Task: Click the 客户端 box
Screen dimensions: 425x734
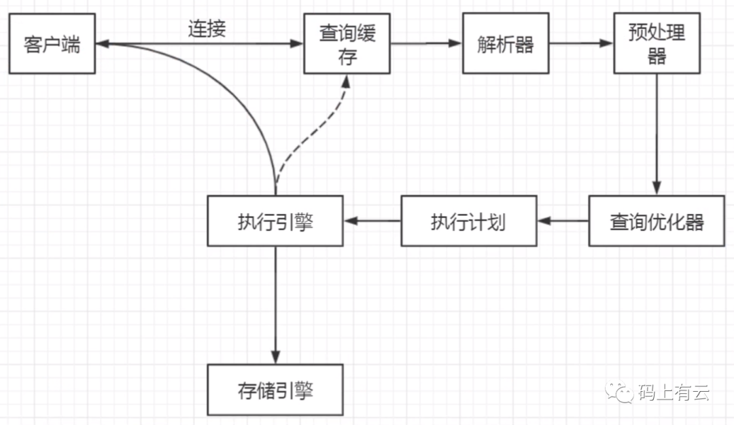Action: [52, 46]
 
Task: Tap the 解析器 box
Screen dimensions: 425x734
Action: [505, 45]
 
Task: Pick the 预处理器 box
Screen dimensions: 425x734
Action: [656, 45]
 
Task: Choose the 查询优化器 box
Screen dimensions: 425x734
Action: [656, 221]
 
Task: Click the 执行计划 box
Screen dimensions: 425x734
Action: [468, 221]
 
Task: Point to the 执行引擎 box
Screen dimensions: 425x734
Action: [275, 221]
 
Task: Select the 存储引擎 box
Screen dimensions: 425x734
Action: [275, 390]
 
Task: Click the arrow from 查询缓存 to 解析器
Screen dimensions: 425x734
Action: [426, 44]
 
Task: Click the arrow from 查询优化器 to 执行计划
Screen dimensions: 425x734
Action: [562, 221]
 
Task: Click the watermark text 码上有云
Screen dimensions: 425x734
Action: [674, 392]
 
